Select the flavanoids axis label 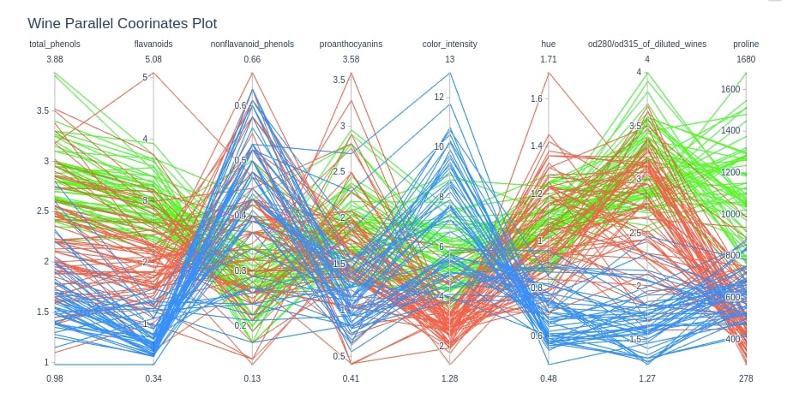point(153,44)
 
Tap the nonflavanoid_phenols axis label point(252,44)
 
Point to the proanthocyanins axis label point(351,44)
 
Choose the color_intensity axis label point(449,44)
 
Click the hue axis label point(548,44)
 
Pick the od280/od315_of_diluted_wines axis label point(646,44)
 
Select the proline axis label point(745,44)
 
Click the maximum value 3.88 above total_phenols point(55,59)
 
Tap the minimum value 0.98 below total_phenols point(55,378)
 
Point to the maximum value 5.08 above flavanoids point(153,59)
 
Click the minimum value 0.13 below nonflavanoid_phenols point(252,378)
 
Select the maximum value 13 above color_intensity point(449,59)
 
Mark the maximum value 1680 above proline point(745,59)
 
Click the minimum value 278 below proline point(745,378)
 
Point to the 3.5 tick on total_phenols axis point(42,111)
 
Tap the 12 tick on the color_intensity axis point(438,97)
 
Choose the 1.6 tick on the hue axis point(537,99)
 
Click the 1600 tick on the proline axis point(730,89)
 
